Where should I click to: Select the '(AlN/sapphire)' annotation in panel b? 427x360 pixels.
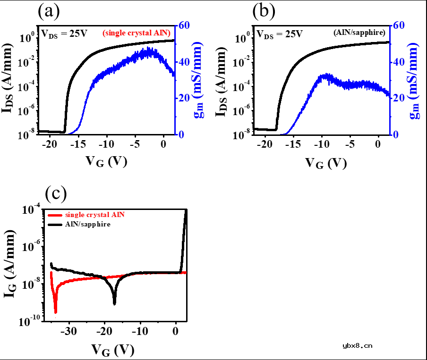pyautogui.click(x=358, y=33)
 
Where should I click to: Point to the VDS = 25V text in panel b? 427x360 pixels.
pyautogui.click(x=279, y=34)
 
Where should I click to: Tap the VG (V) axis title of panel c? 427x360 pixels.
pyautogui.click(x=113, y=350)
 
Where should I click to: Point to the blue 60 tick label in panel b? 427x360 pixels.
pyautogui.click(x=400, y=25)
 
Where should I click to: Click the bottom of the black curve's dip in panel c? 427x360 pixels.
pyautogui.click(x=114, y=303)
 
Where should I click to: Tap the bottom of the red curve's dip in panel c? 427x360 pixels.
pyautogui.click(x=56, y=311)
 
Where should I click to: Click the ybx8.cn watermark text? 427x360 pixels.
pyautogui.click(x=357, y=345)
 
